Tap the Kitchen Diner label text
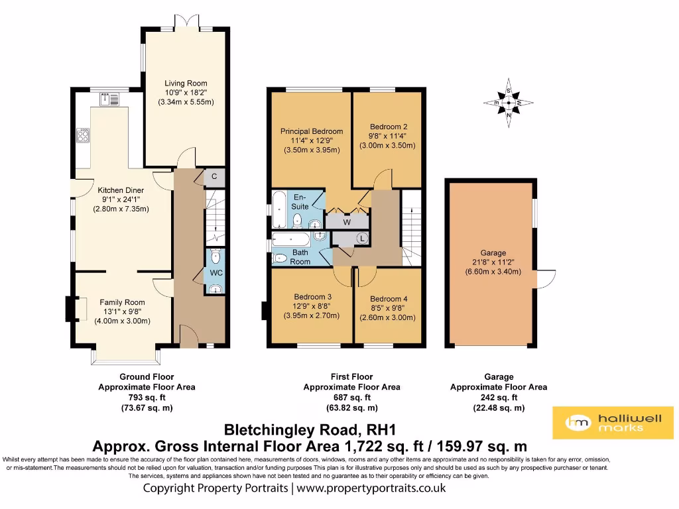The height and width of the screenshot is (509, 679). pos(121,190)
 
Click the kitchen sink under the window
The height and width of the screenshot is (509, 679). pos(109,99)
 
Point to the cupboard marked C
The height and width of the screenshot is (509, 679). pos(215,176)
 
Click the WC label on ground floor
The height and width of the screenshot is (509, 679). pos(216,272)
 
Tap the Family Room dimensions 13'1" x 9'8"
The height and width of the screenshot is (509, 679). pos(121,311)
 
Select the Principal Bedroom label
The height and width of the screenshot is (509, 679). pos(312,131)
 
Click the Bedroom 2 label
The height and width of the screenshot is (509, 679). pos(388,127)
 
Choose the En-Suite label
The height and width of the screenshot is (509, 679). pos(300,201)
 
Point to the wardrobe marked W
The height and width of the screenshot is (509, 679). pos(346,222)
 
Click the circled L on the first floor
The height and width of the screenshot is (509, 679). pos(362,238)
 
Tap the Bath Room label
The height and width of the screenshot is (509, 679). pos(300,257)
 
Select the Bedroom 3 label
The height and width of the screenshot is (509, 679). pos(312,296)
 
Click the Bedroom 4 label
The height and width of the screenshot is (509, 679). pos(388,299)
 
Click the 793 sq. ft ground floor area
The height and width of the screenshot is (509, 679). pos(147,398)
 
